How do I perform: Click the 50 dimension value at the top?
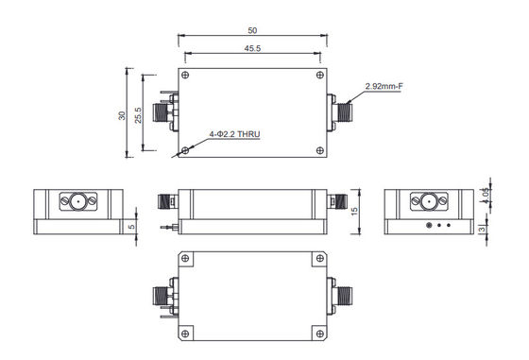pos(253,29)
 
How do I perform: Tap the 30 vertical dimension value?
pos(122,113)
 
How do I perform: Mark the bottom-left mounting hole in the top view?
pos(187,149)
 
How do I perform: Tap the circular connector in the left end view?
pos(75,202)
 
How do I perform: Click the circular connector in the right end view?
pos(426,202)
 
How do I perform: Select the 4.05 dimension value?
pos(486,195)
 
